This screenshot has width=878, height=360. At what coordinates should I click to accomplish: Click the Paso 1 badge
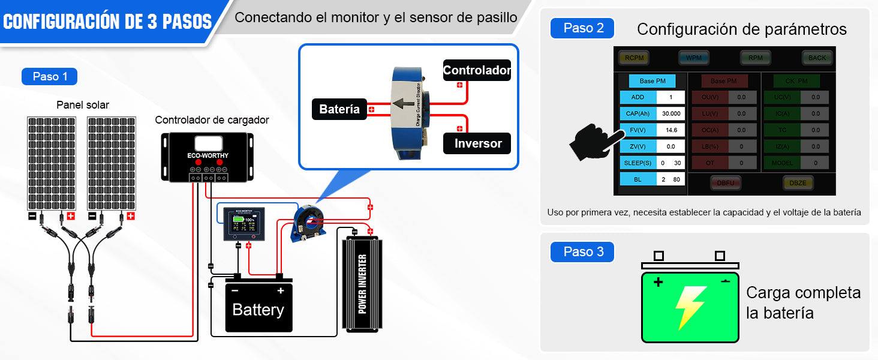[49, 77]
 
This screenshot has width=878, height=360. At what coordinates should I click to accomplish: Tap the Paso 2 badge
[582, 28]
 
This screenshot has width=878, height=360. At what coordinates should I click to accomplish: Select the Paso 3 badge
[582, 252]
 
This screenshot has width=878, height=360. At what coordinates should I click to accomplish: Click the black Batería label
[339, 109]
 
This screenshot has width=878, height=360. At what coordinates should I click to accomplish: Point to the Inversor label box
[477, 143]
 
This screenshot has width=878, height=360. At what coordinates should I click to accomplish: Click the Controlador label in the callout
[477, 71]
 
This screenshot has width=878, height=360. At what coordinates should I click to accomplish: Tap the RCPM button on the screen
[635, 58]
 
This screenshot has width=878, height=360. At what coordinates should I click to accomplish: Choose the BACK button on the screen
[817, 58]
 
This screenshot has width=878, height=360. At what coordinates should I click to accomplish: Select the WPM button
[694, 58]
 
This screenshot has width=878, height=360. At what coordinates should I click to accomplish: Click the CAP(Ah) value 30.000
[671, 113]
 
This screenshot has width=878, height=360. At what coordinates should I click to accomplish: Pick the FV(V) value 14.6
[671, 130]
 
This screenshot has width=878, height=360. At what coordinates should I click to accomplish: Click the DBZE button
[798, 182]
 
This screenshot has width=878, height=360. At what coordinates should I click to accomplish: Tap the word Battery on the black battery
[258, 310]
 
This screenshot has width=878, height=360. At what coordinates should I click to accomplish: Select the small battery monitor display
[243, 223]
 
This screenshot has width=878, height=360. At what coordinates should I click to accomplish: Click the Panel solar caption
[83, 105]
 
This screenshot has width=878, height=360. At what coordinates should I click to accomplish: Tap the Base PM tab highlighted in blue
[652, 81]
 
